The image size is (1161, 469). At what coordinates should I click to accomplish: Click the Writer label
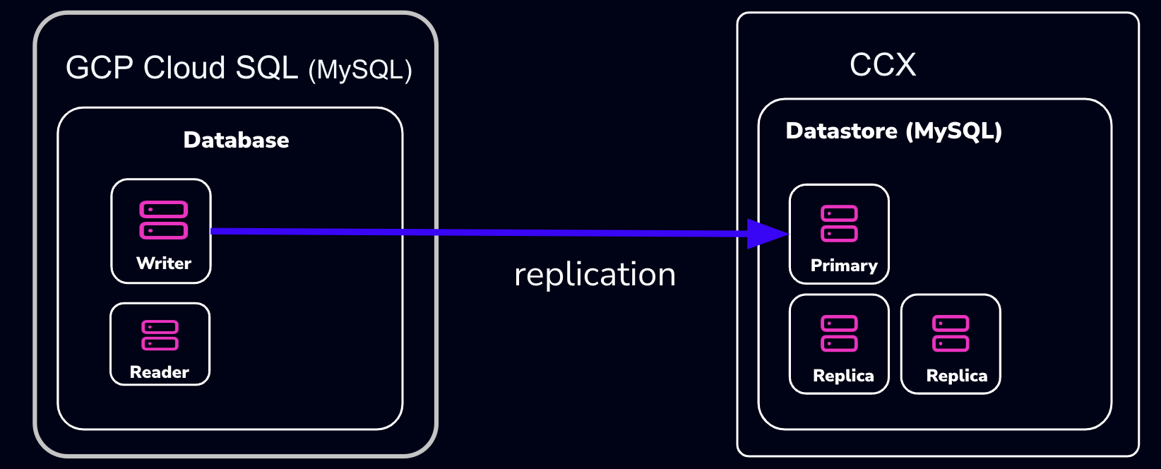coord(164,263)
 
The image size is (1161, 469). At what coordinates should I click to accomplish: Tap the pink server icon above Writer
coord(163,220)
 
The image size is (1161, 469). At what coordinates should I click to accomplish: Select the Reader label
coord(160,372)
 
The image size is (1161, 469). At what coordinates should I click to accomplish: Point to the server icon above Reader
coord(160,335)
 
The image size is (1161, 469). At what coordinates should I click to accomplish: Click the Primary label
coord(844,266)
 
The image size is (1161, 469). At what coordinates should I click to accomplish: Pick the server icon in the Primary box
coord(839,223)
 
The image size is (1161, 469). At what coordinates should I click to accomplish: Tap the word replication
coord(595,275)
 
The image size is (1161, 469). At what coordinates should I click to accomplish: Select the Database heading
coord(236,140)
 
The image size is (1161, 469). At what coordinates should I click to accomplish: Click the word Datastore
coord(841,131)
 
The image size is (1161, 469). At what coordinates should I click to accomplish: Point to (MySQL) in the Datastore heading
coord(953,131)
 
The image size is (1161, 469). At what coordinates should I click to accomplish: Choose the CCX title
coord(883,65)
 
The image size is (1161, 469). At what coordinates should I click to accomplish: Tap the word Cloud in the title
coord(184,69)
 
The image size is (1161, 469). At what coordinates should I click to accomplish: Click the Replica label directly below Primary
coord(843,376)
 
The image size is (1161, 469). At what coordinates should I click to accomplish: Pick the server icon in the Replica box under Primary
coord(839,333)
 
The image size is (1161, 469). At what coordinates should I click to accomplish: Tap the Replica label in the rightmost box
coord(957,376)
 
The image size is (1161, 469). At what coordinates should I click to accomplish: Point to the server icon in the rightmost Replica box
coord(951,333)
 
